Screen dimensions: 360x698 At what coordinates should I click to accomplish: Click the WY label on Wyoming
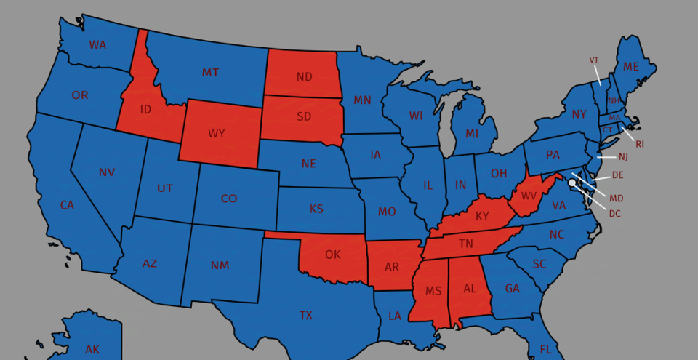pyautogui.click(x=216, y=133)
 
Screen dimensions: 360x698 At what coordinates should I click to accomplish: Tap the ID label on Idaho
pyautogui.click(x=145, y=109)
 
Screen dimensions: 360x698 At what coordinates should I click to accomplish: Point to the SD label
pyautogui.click(x=304, y=116)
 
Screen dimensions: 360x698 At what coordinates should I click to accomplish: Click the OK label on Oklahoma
pyautogui.click(x=332, y=255)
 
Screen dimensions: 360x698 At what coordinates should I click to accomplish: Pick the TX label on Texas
pyautogui.click(x=305, y=316)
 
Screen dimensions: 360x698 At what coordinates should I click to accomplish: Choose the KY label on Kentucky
pyautogui.click(x=482, y=216)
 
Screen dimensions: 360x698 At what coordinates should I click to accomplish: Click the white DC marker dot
pyautogui.click(x=571, y=183)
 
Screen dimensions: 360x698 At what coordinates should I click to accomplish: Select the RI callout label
pyautogui.click(x=640, y=144)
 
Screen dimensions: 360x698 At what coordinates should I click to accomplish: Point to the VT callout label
pyautogui.click(x=594, y=60)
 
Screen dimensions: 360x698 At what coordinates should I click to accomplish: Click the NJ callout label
pyautogui.click(x=623, y=157)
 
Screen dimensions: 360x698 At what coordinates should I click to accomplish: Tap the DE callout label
pyautogui.click(x=618, y=175)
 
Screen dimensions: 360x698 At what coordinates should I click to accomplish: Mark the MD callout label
pyautogui.click(x=616, y=199)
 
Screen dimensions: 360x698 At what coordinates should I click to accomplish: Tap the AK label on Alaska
pyautogui.click(x=92, y=350)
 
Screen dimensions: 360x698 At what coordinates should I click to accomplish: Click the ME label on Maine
pyautogui.click(x=630, y=67)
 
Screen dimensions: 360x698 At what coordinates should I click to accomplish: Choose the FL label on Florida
pyautogui.click(x=545, y=350)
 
